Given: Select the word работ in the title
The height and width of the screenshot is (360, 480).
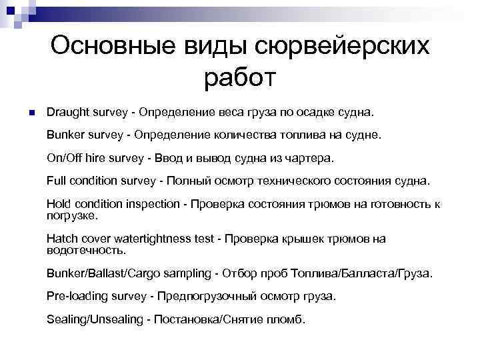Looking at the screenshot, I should pyautogui.click(x=240, y=79).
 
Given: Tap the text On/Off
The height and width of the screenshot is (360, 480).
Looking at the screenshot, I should pyautogui.click(x=65, y=159).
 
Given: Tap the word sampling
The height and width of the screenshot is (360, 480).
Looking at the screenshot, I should pyautogui.click(x=181, y=273).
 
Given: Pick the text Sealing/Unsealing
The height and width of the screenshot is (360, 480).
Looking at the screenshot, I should pyautogui.click(x=93, y=319).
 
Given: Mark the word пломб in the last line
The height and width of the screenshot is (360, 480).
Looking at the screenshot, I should pyautogui.click(x=287, y=319).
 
